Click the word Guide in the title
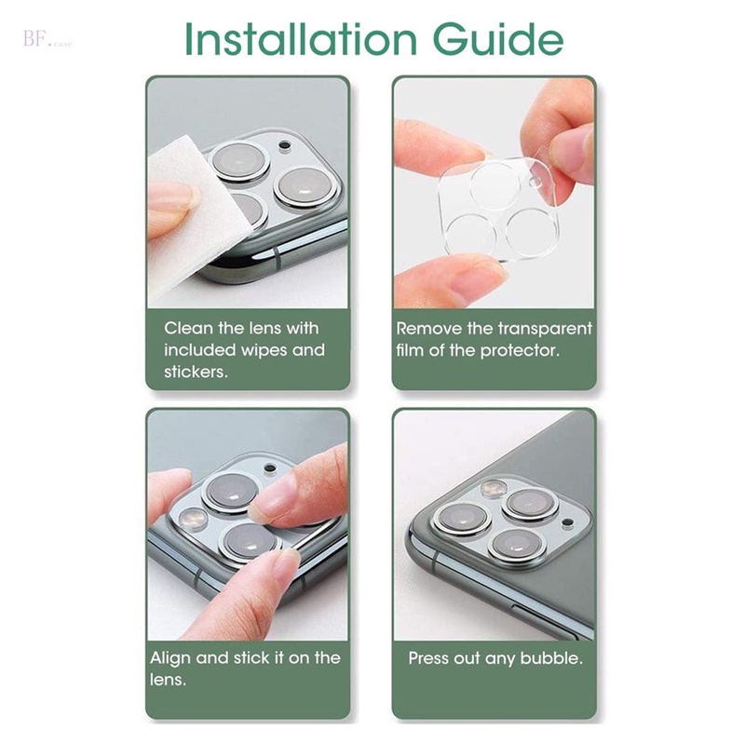499,39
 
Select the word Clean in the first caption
187,328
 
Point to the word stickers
196,372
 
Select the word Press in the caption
431,657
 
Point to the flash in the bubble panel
488,490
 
